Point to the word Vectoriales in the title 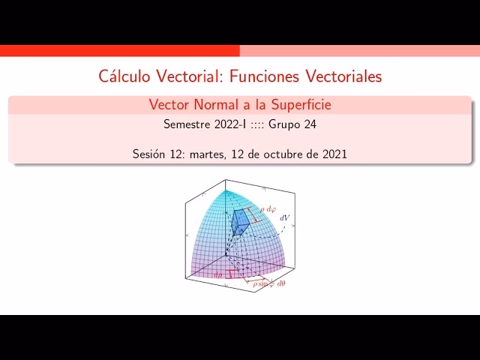point(343,76)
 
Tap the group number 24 point(309,124)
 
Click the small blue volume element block point(240,221)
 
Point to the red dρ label point(218,275)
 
